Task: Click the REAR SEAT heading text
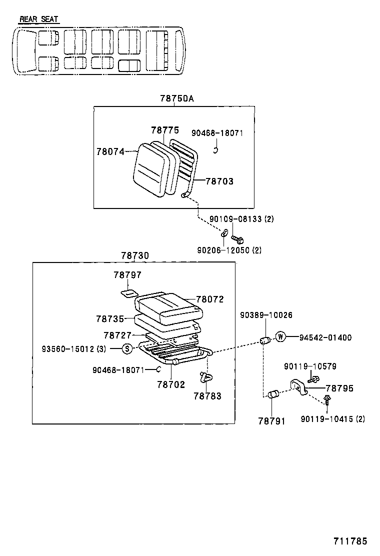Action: coord(38,19)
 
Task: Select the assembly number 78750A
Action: coord(176,98)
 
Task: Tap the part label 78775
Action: coord(164,130)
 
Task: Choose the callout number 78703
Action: coord(219,181)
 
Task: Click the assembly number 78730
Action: coord(134,255)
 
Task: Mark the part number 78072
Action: coord(209,299)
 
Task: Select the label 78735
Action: coord(110,318)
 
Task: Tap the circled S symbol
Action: coord(127,348)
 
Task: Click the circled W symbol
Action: coord(280,337)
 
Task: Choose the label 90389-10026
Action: coord(266,315)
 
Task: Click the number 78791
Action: coord(271,421)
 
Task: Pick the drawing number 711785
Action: coord(350,541)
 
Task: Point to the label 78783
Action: coord(207,396)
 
